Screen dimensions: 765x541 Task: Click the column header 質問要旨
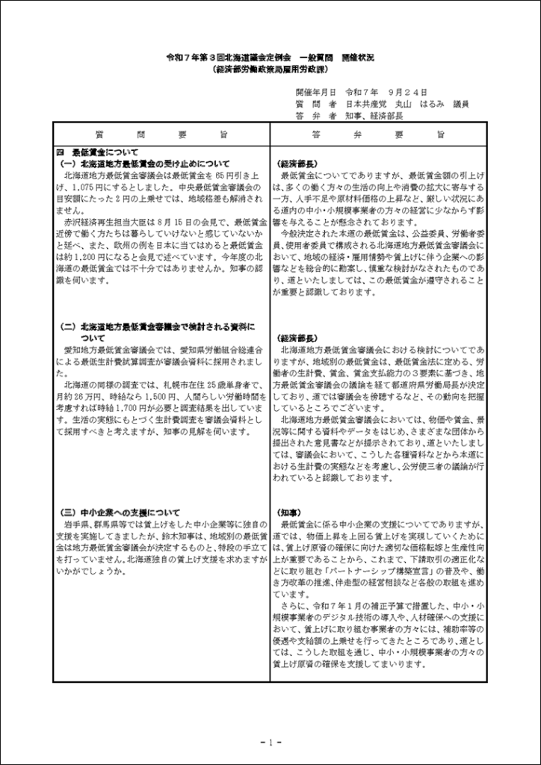tap(161, 134)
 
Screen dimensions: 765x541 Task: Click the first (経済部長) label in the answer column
tap(298, 163)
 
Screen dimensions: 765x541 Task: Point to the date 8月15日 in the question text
tap(185, 221)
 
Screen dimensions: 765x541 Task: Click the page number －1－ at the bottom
tap(270, 742)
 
